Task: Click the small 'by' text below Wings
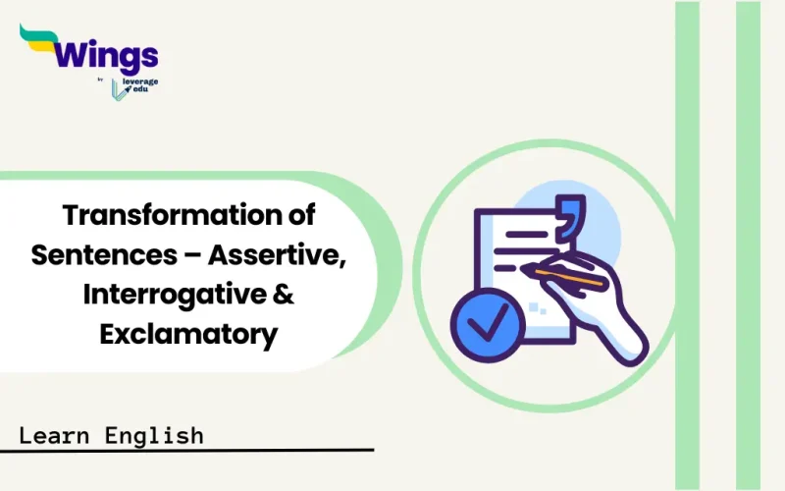pos(101,80)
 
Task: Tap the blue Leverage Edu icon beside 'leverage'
pos(118,87)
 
